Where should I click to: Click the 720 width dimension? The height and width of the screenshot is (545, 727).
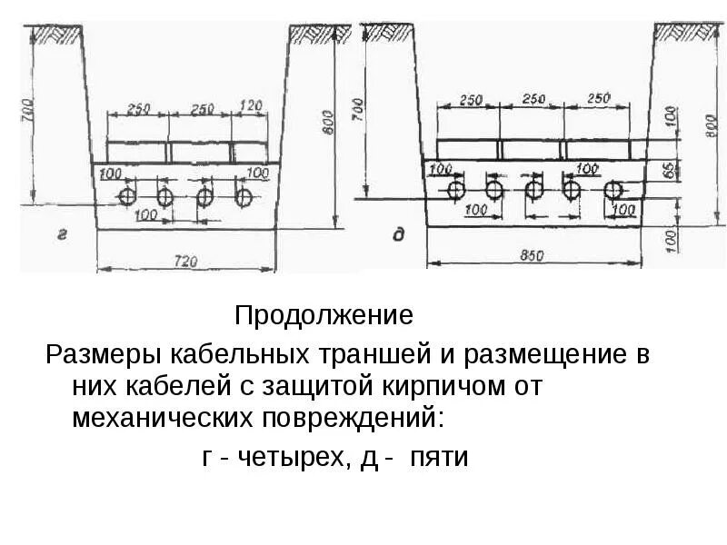point(185,261)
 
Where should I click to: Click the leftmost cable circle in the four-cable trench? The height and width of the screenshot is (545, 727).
point(127,197)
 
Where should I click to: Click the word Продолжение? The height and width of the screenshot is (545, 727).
point(324,316)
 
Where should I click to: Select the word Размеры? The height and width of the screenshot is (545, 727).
point(95,354)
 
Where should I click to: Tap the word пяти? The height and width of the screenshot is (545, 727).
point(438,457)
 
